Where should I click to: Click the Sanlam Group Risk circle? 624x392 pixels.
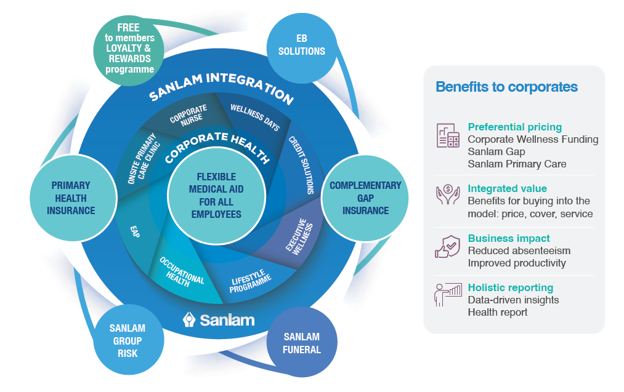pyautogui.click(x=126, y=340)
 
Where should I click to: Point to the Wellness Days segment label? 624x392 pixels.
pyautogui.click(x=255, y=118)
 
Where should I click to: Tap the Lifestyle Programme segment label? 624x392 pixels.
pyautogui.click(x=249, y=281)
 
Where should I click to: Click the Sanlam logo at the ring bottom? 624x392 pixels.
pyautogui.click(x=219, y=319)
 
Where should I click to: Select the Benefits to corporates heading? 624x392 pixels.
pyautogui.click(x=506, y=87)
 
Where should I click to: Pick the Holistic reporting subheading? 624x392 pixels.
pyautogui.click(x=510, y=287)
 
